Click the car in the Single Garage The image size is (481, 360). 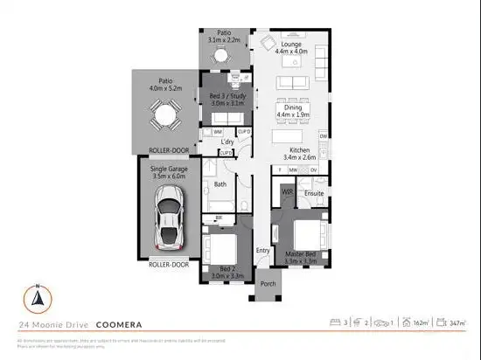(x=166, y=220)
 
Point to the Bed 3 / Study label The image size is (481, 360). (x=227, y=100)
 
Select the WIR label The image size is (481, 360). (x=286, y=190)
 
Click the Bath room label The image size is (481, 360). (x=221, y=184)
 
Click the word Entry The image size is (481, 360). (x=263, y=251)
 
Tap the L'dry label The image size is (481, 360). (x=227, y=142)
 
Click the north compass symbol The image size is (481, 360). (x=38, y=298)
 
